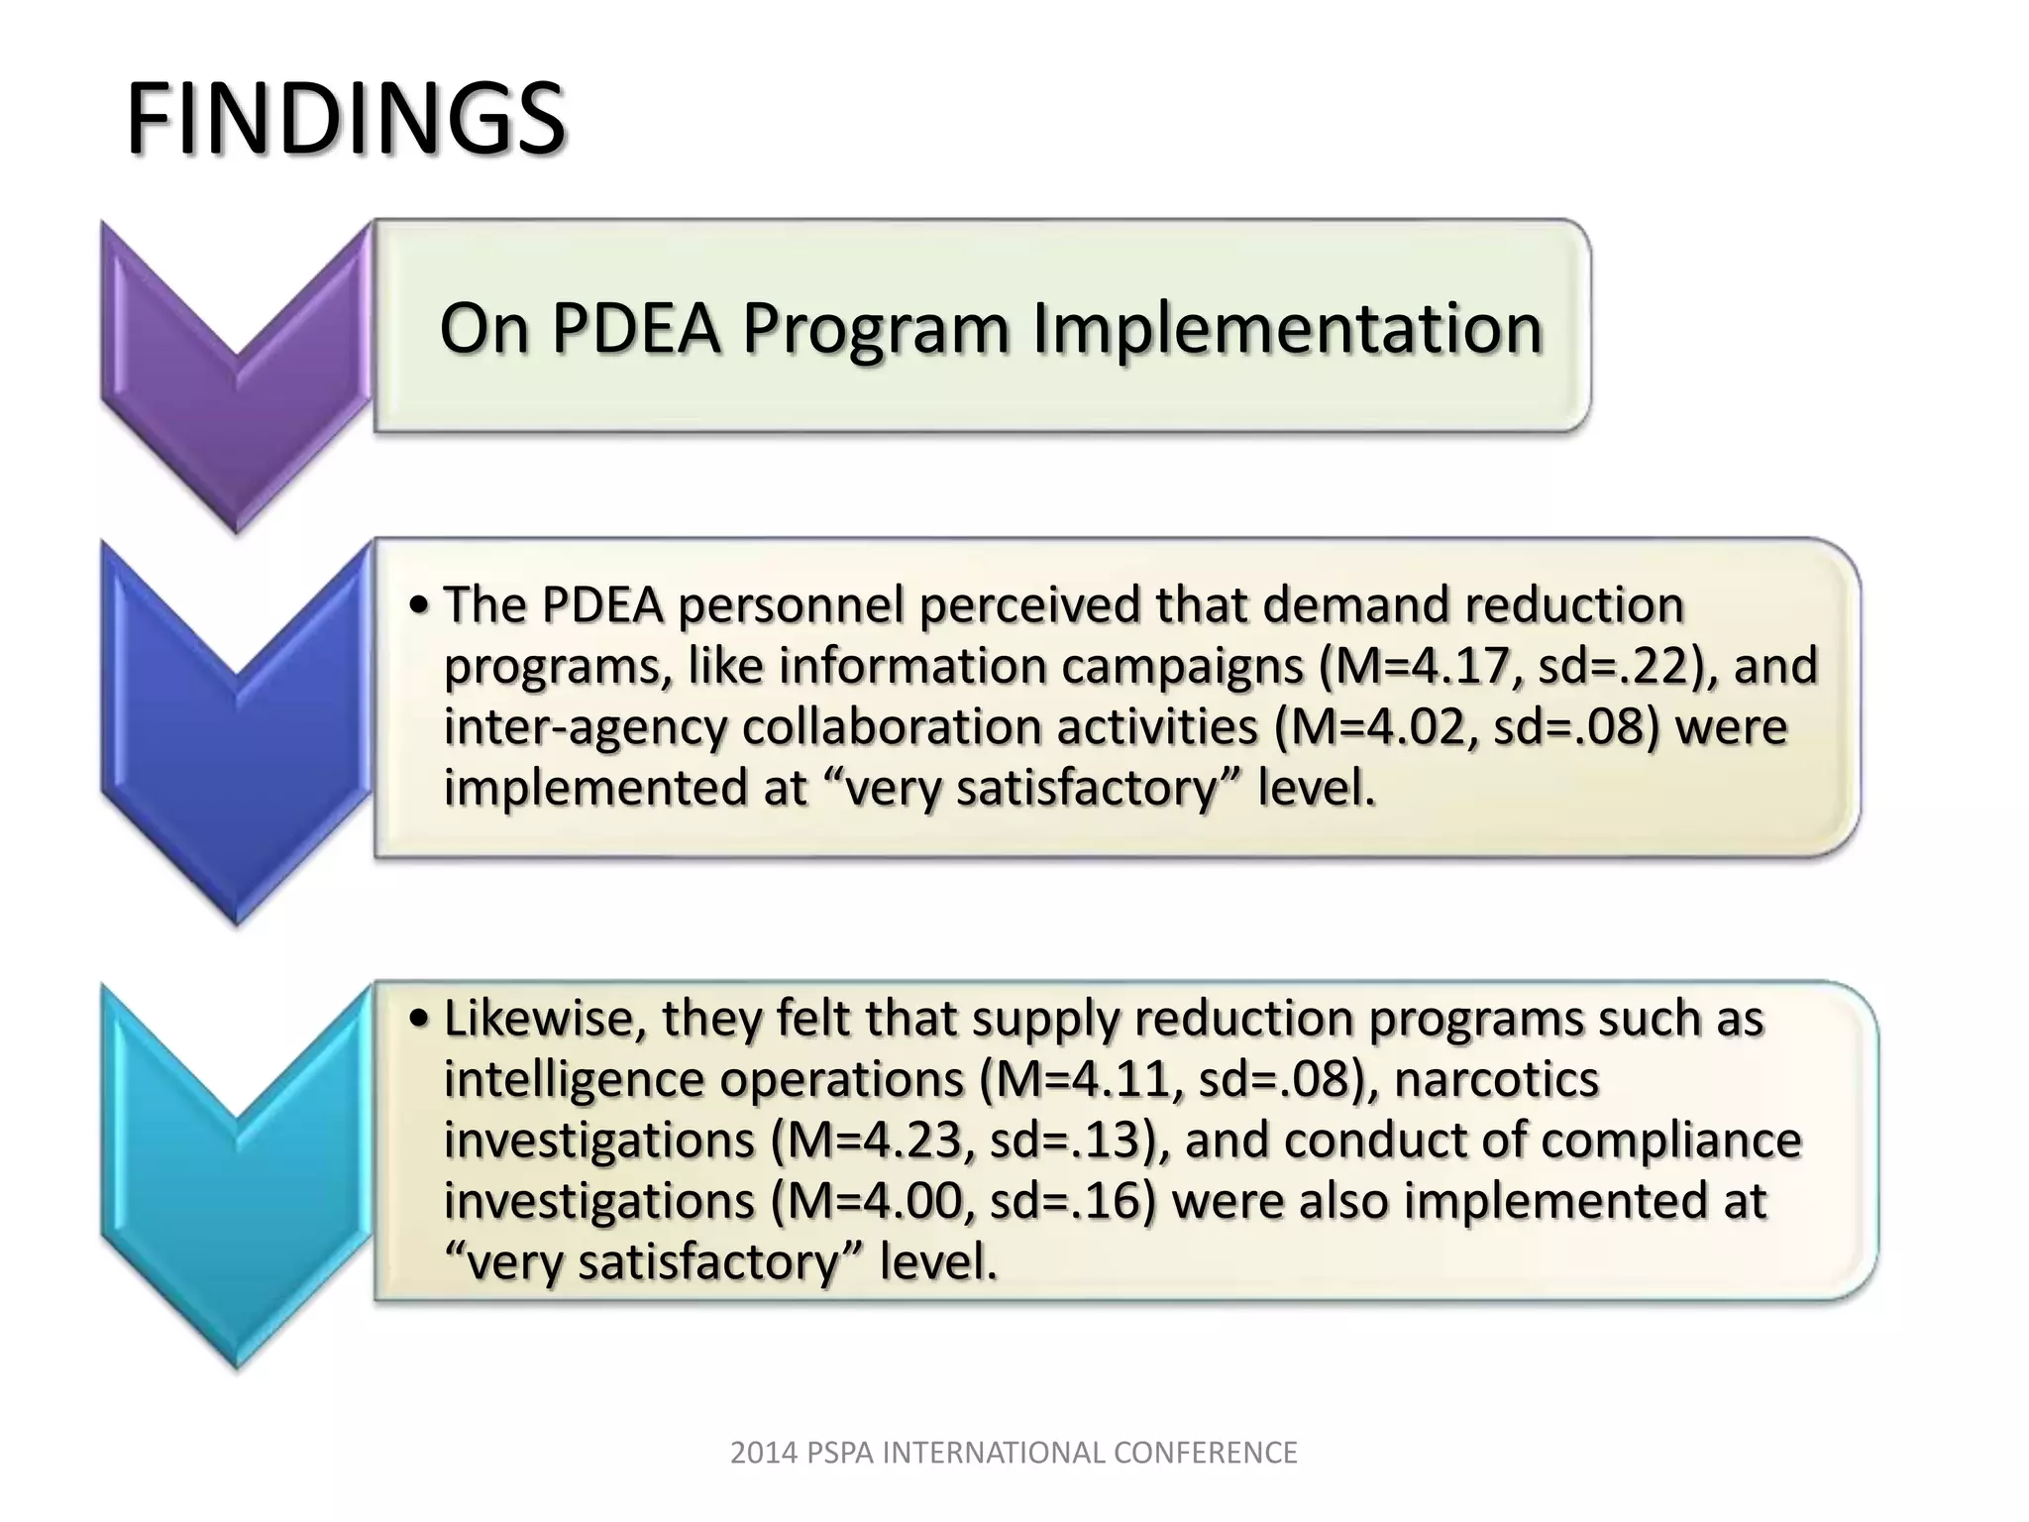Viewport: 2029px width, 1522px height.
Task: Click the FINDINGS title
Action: coord(346,120)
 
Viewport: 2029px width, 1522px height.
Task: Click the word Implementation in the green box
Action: coord(1287,328)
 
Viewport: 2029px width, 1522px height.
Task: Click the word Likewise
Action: coord(544,1019)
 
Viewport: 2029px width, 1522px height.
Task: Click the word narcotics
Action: coord(1496,1080)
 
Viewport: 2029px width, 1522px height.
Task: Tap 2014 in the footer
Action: coord(764,1453)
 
